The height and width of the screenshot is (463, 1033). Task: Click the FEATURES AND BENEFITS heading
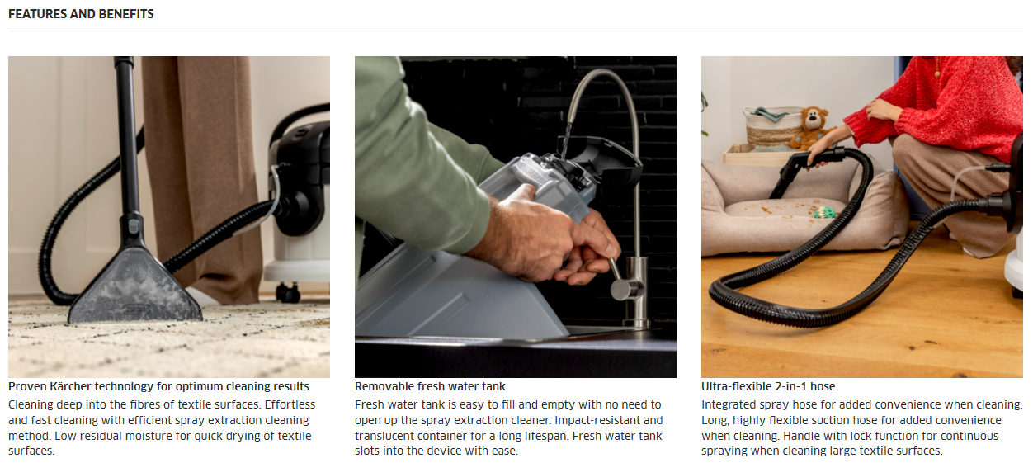coord(81,14)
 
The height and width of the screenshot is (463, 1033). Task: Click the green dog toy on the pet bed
coord(824,212)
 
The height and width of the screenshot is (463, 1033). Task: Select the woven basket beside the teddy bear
coord(771,126)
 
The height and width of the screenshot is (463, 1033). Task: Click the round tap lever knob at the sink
coord(621,289)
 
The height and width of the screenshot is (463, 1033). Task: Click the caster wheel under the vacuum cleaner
coord(288,293)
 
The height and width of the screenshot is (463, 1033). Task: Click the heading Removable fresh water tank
coord(430,386)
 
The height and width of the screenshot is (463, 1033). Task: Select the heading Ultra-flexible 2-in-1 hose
coord(768,386)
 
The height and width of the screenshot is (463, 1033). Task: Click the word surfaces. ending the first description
coord(31,451)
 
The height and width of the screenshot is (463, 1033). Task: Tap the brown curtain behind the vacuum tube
coord(203,175)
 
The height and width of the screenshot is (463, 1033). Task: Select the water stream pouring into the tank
coord(566,139)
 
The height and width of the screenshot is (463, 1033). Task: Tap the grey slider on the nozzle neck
coord(134,226)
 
